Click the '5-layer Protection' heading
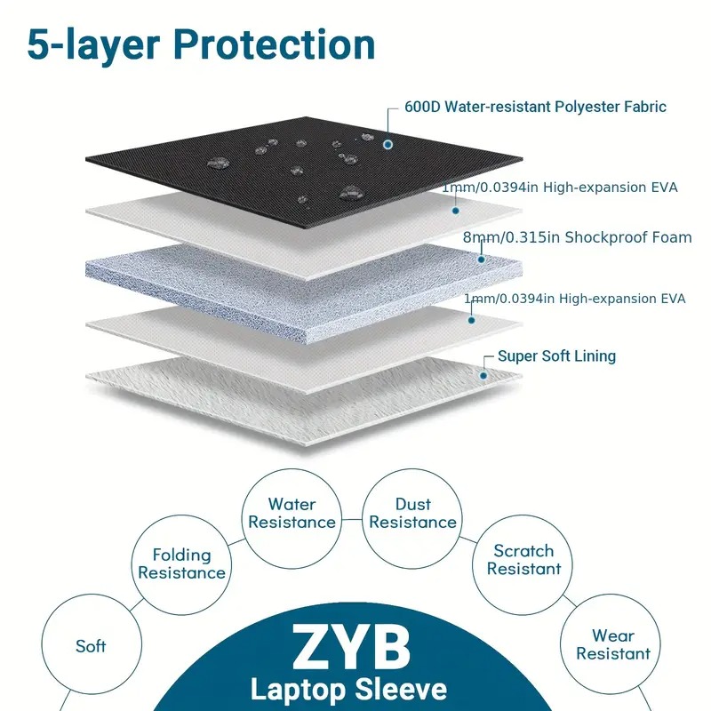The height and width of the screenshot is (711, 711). coord(202,45)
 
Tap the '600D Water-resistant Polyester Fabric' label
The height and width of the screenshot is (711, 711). coord(535,107)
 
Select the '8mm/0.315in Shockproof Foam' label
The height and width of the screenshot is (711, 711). coord(577,237)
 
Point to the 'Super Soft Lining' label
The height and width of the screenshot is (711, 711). coord(557,356)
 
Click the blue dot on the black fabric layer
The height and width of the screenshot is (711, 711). coord(387,145)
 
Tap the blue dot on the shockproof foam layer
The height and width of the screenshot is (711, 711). coord(481,260)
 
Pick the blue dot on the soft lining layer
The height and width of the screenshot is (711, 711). coord(483,375)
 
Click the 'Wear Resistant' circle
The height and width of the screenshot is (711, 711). coord(611,595)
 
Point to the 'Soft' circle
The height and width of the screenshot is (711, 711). coord(92,595)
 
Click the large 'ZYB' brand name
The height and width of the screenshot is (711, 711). coord(351,647)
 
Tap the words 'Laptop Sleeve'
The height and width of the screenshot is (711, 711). coord(348,690)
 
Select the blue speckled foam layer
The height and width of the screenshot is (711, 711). coord(304,291)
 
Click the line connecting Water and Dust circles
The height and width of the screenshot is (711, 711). coord(352,519)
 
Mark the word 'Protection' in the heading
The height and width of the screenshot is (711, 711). coord(275,45)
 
